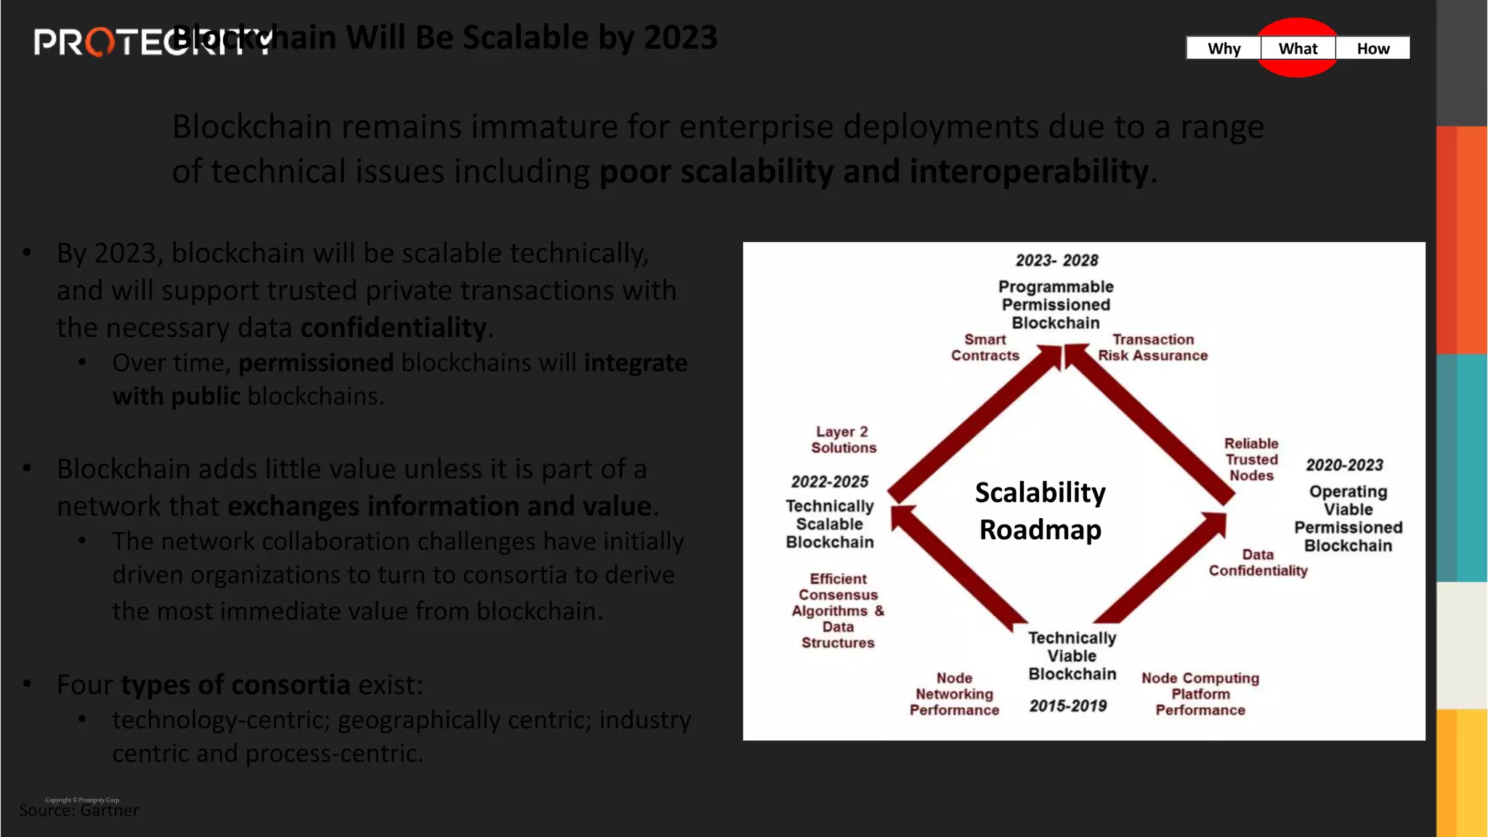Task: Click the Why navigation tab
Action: click(1224, 49)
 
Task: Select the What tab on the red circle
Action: click(1298, 49)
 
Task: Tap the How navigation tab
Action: click(1372, 49)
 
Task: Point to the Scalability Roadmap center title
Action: click(1040, 511)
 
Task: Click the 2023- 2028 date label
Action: click(1056, 260)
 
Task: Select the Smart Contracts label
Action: click(985, 347)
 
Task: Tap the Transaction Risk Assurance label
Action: click(1153, 347)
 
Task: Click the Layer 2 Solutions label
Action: click(843, 440)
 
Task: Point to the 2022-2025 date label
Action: click(830, 482)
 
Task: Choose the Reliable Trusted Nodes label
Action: click(1251, 459)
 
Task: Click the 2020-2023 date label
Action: click(1344, 465)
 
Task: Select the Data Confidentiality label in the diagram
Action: click(1258, 562)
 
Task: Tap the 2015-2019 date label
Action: click(1067, 705)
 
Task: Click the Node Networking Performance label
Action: click(954, 694)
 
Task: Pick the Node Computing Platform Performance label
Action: click(1200, 694)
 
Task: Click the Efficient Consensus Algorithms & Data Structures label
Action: click(838, 610)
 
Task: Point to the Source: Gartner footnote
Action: click(78, 810)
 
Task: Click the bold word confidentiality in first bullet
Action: click(393, 328)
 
